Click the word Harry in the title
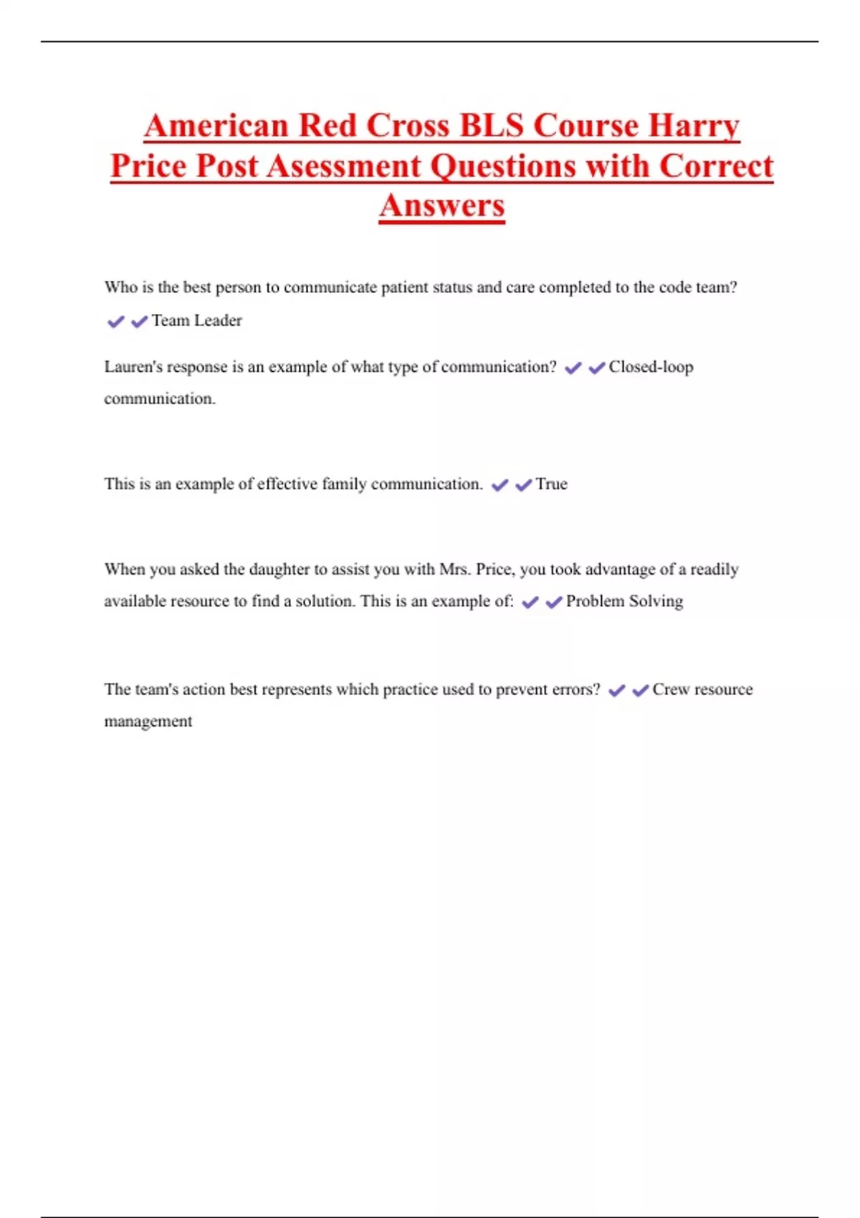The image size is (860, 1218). (x=694, y=126)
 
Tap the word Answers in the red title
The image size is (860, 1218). (x=442, y=206)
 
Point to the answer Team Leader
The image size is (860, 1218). (x=196, y=320)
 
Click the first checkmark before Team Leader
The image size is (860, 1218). (x=115, y=322)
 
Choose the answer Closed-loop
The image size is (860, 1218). (x=651, y=367)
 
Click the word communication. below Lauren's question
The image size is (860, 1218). (x=159, y=398)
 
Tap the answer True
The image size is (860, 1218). (x=551, y=484)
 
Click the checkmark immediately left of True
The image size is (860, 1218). (x=523, y=485)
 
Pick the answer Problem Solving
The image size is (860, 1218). (x=624, y=601)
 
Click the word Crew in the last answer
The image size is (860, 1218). (x=670, y=689)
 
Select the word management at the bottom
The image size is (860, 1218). (x=148, y=721)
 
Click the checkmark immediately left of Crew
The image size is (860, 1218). (x=640, y=690)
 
